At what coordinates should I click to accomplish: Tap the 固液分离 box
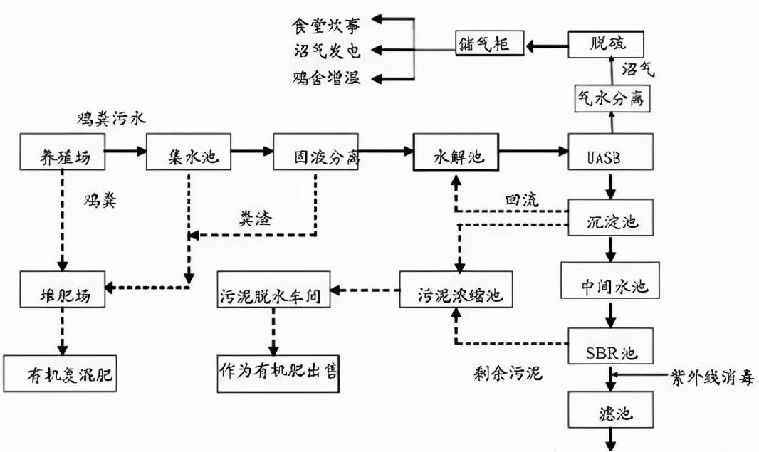point(316,151)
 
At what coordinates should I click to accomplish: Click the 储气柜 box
point(490,44)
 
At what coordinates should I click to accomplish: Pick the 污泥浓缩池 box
point(456,290)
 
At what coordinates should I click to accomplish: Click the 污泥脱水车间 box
point(276,290)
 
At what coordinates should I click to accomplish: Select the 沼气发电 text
point(327,50)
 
